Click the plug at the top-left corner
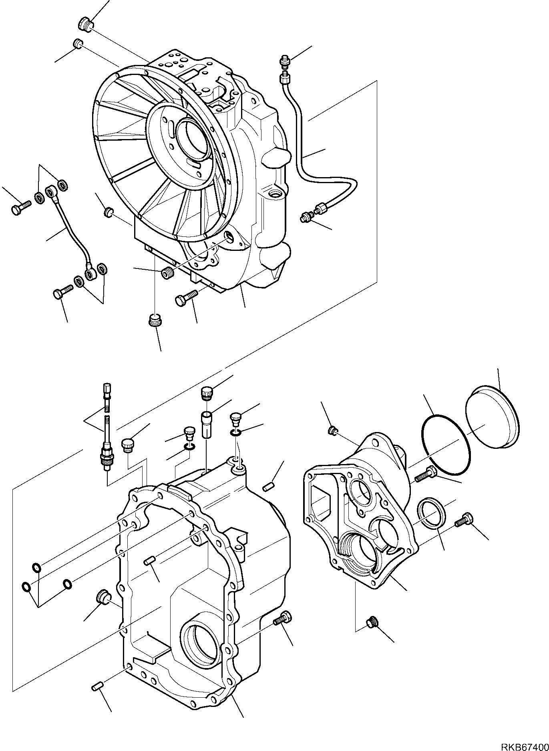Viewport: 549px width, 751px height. tap(84, 24)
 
